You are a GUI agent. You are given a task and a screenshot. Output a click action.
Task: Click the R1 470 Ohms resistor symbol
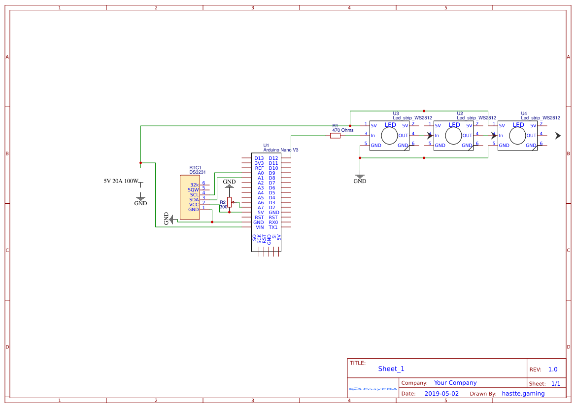pos(335,136)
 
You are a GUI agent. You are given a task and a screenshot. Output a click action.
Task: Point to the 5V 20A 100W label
pos(121,181)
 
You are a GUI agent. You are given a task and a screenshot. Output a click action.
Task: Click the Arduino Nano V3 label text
pos(281,149)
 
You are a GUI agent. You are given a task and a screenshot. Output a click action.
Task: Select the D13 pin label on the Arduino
pos(259,158)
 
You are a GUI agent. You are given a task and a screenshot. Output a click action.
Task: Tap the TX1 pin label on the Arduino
pos(273,227)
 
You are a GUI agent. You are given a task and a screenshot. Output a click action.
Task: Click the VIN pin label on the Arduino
pos(260,227)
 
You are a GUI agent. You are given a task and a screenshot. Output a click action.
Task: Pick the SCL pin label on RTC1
pos(194,194)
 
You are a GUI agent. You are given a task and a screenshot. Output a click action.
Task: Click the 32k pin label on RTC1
pos(194,185)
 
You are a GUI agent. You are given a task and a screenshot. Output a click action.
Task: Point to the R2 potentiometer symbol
pos(230,202)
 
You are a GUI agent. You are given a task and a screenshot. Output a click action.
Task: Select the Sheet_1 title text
pos(391,369)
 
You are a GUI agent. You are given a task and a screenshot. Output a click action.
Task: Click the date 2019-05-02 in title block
pos(441,394)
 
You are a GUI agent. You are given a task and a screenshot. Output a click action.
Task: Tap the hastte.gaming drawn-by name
pos(523,394)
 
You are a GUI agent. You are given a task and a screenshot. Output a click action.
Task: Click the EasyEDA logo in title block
pos(373,389)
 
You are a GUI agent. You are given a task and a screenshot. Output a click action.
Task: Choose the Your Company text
pos(455,383)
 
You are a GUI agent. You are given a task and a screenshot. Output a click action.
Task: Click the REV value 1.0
pos(553,370)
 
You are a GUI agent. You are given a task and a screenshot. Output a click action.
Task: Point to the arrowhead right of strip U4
pos(558,136)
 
